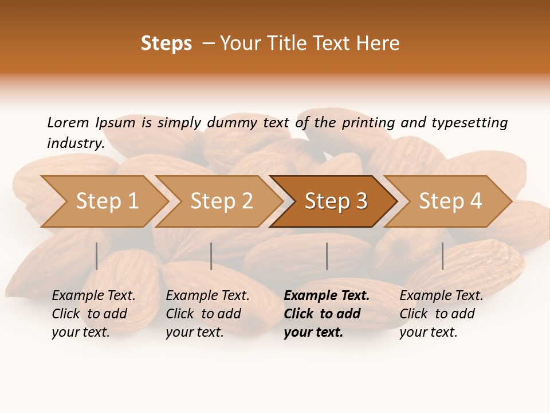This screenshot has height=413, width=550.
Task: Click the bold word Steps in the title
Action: click(x=166, y=44)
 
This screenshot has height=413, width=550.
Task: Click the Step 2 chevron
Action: click(x=221, y=201)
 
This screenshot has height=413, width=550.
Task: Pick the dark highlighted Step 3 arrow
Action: click(x=336, y=201)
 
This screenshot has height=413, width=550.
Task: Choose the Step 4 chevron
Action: click(x=450, y=201)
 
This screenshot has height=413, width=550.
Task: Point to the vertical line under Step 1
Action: click(x=97, y=256)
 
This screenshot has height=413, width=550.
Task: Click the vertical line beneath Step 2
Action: click(x=211, y=256)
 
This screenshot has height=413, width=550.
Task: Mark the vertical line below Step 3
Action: click(x=327, y=256)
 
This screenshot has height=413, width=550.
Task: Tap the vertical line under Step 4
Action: click(x=442, y=256)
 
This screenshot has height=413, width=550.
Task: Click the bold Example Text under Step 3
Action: click(x=327, y=296)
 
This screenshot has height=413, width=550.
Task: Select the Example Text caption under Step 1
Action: click(x=93, y=296)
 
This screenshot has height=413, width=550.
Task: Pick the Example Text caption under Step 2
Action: click(x=207, y=296)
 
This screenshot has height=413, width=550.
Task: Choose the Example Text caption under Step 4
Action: click(x=441, y=296)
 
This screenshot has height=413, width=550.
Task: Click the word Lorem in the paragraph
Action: click(x=68, y=122)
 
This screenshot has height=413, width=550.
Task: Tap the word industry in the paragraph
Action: click(x=75, y=143)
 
